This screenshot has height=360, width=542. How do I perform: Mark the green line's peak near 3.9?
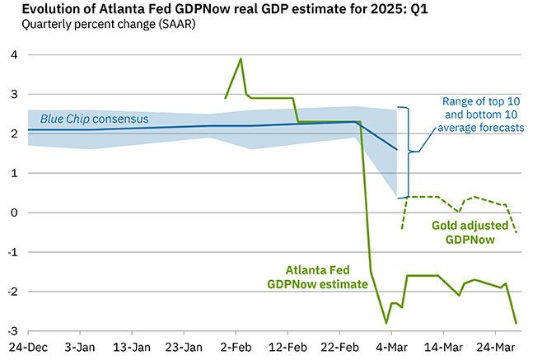pyautogui.click(x=241, y=58)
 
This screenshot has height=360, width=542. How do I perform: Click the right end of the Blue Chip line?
pyautogui.click(x=397, y=150)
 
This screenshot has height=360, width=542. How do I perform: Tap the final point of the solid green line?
pyautogui.click(x=516, y=323)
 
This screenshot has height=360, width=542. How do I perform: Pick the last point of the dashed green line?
pyautogui.click(x=516, y=232)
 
